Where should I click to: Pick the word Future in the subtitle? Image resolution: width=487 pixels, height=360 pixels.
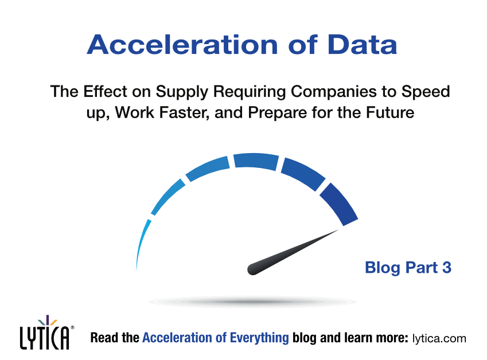coord(391,112)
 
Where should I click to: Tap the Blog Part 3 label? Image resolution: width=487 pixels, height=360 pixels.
coord(408,267)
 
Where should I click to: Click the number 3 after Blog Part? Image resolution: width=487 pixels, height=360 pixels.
coord(447,267)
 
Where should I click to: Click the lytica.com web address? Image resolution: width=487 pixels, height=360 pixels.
coord(439,338)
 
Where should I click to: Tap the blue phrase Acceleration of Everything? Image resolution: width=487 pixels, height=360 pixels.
coord(215,338)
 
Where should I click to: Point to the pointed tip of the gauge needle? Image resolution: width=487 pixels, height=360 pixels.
coord(339,230)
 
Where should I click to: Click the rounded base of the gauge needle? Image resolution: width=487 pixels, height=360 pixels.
coord(252,268)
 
